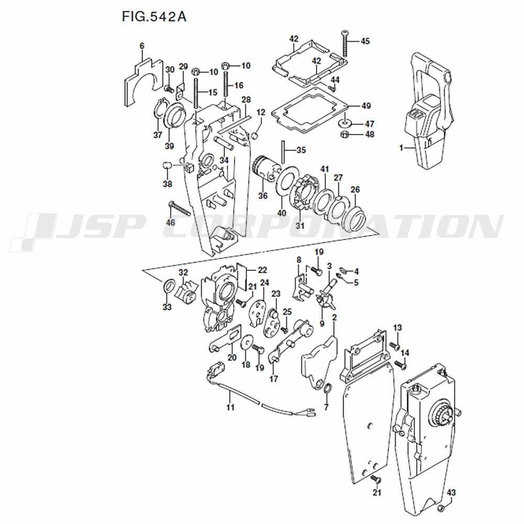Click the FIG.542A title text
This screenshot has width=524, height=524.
click(154, 16)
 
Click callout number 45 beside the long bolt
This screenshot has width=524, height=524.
click(365, 41)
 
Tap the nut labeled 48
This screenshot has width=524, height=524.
click(345, 134)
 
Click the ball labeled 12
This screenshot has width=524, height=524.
click(255, 135)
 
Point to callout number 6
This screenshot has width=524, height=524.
click(142, 46)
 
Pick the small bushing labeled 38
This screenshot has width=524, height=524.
click(168, 166)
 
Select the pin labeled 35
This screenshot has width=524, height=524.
click(283, 152)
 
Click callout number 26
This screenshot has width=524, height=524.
click(355, 190)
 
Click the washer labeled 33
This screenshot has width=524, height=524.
click(169, 286)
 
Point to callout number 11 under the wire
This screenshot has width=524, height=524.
click(230, 407)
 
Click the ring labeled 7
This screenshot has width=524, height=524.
click(327, 390)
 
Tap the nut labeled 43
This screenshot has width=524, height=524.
click(441, 509)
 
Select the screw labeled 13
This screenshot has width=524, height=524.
click(395, 345)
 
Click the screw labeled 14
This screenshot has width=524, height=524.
click(400, 365)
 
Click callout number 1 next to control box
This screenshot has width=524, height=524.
click(401, 147)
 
